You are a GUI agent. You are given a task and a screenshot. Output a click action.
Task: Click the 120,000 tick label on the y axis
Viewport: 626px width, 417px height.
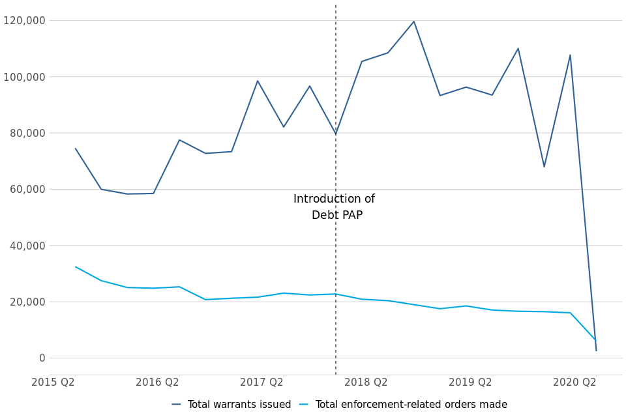click(x=24, y=20)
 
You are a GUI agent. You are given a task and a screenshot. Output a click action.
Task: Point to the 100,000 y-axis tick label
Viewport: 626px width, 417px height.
click(x=24, y=77)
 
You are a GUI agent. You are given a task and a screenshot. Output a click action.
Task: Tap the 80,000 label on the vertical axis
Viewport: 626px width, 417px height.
click(x=27, y=133)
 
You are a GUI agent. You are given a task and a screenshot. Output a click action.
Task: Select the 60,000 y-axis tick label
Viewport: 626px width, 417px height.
click(x=27, y=190)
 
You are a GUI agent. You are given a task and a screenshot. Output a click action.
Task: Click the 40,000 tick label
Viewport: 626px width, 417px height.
click(x=27, y=246)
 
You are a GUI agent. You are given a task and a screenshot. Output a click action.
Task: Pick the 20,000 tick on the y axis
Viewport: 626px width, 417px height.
click(x=27, y=302)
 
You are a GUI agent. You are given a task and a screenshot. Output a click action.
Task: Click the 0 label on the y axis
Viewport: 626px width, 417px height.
click(x=42, y=358)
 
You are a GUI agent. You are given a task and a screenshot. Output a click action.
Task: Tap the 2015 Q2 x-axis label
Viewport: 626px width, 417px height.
click(x=53, y=382)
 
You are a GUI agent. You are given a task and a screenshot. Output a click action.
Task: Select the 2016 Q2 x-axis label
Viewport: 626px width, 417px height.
click(x=157, y=382)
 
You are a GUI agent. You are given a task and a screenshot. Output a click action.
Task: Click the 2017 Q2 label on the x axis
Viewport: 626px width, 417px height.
click(x=261, y=382)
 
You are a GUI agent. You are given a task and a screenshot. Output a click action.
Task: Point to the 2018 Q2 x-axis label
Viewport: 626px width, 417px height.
click(x=366, y=382)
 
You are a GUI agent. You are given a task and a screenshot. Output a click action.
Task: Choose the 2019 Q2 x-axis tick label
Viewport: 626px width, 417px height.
click(x=470, y=382)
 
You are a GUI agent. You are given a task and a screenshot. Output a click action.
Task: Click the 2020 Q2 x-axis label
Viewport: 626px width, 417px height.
click(x=574, y=382)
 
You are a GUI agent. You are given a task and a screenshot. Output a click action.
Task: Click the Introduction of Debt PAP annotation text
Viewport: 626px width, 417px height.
click(x=335, y=207)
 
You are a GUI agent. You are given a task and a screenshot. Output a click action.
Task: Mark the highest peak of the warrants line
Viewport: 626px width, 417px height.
click(x=413, y=22)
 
